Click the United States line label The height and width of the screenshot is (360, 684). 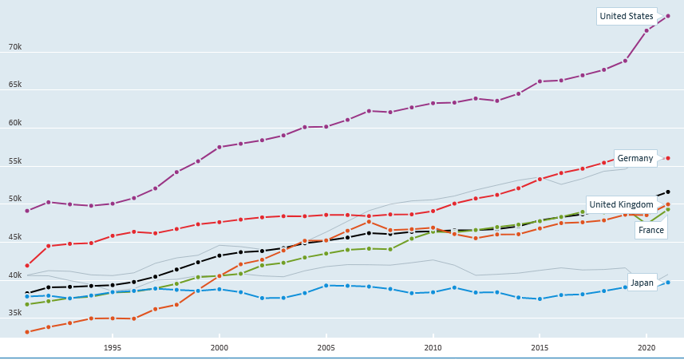pos(627,16)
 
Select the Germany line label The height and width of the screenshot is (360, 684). pos(635,158)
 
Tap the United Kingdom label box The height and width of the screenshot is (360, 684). pos(621,204)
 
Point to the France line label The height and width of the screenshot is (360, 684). pos(650,230)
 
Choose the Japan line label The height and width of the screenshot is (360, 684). pos(642,283)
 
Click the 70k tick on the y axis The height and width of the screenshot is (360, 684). pos(15,47)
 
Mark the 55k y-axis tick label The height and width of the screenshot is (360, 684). pos(15,161)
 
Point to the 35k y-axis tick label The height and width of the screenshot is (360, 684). pos(15,313)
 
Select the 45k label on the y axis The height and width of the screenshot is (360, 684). pos(15,237)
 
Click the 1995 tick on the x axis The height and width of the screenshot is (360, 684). pos(113,348)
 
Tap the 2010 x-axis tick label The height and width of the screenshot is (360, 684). pos(433,348)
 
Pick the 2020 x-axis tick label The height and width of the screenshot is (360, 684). pos(646,348)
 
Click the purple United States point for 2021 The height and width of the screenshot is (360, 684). pos(668,16)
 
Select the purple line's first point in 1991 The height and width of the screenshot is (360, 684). pos(27,211)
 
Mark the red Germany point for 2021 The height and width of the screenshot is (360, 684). pos(668,158)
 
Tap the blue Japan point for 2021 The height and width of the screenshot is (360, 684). pos(668,283)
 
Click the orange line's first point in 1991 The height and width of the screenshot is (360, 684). pos(27,332)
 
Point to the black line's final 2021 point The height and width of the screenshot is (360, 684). pos(668,192)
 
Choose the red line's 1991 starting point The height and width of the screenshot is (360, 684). pos(27,266)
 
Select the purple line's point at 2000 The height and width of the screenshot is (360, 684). pos(219,147)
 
